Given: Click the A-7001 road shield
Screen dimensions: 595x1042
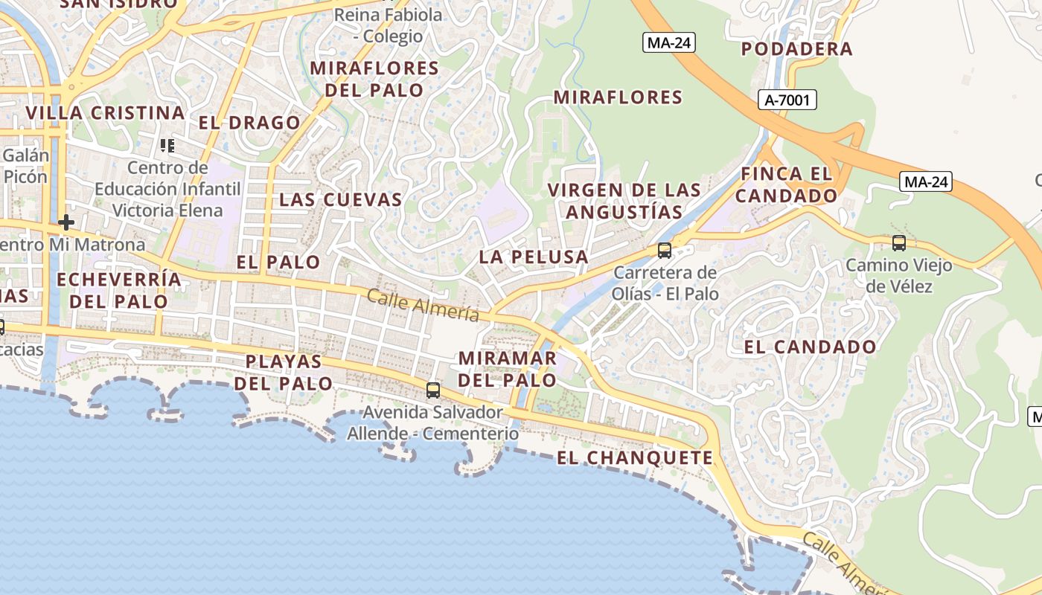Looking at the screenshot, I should [787, 100].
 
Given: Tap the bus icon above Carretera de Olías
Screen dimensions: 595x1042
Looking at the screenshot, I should [665, 251].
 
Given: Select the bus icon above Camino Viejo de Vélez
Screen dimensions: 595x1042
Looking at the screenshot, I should [899, 242].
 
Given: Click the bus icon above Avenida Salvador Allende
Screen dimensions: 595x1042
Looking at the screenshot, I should [432, 390].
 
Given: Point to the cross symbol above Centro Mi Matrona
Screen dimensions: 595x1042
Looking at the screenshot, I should [66, 222].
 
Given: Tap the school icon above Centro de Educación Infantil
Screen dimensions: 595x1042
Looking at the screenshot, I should [167, 146].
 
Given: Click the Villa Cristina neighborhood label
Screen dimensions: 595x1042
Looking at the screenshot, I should [105, 113].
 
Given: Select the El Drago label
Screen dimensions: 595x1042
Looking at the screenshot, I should [249, 123].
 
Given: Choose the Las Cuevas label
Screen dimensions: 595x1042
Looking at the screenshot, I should [340, 199].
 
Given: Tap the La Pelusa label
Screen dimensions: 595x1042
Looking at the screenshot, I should [534, 257].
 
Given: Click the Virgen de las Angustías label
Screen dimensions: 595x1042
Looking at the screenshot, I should [624, 201].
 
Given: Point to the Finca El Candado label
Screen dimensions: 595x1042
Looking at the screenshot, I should [786, 185].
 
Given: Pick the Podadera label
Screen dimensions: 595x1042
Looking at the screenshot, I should [797, 49].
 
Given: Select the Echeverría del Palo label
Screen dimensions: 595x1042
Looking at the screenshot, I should [118, 290].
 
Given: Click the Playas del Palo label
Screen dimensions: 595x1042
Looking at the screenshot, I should [284, 373].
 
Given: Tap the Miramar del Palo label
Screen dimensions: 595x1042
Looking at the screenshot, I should [507, 369].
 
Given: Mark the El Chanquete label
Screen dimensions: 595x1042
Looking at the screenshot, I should [635, 457].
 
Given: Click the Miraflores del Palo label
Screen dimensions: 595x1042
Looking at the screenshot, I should [374, 79].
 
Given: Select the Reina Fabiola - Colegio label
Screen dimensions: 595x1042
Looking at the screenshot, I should [388, 25].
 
